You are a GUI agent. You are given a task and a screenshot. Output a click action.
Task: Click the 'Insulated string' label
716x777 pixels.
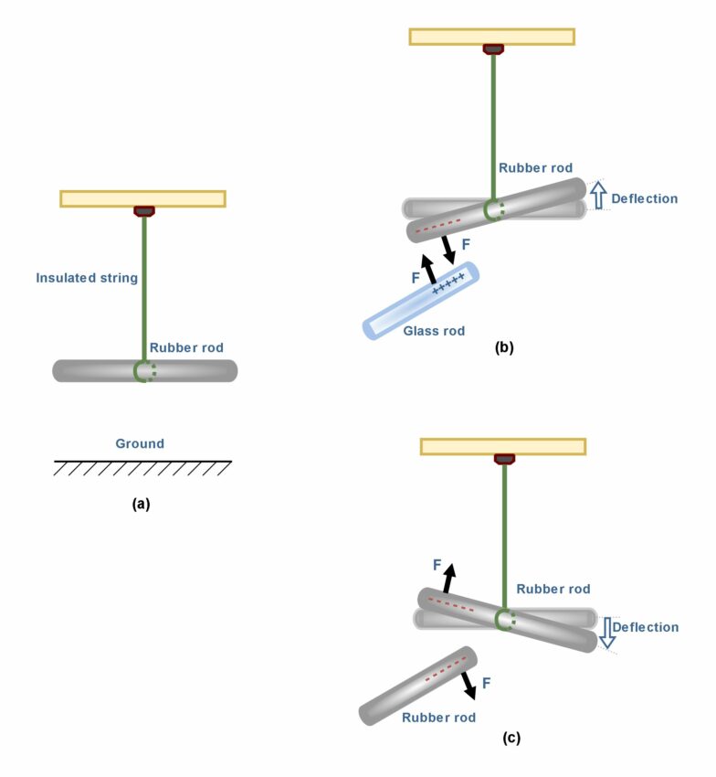click(87, 278)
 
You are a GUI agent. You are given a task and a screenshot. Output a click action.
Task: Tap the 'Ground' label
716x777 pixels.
click(140, 443)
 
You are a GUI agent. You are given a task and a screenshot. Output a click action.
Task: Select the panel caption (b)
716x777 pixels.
click(503, 347)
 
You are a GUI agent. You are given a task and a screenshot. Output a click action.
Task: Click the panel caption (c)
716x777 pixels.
click(511, 738)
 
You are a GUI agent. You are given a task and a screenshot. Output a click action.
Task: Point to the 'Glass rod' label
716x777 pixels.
click(434, 330)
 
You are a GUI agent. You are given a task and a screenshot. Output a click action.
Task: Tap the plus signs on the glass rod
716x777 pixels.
click(448, 286)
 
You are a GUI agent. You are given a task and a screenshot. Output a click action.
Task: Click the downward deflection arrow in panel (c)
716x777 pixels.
click(606, 632)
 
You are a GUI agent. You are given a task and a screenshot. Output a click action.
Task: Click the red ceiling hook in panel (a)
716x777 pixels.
click(143, 211)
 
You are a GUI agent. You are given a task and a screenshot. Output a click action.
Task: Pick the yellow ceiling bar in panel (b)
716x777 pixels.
click(491, 37)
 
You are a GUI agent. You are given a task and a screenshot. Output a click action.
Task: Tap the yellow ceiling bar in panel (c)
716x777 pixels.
click(502, 446)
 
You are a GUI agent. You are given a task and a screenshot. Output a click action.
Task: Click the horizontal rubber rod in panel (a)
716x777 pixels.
click(91, 370)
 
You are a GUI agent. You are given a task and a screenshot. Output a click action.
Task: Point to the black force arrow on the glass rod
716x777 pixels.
click(427, 271)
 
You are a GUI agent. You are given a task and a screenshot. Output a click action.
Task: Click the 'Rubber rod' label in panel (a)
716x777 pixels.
click(187, 347)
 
